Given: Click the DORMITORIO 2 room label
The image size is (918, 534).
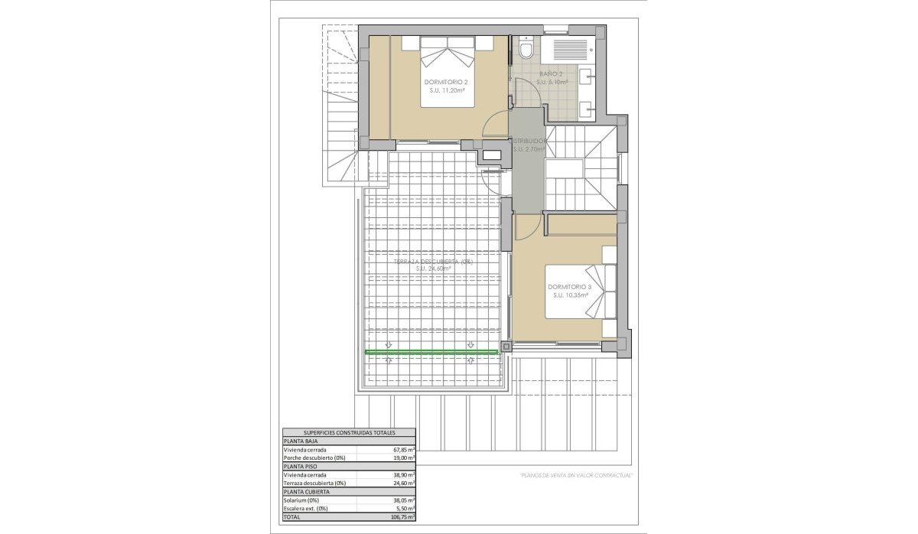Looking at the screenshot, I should (x=445, y=82).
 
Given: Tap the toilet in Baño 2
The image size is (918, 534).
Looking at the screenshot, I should (x=526, y=50).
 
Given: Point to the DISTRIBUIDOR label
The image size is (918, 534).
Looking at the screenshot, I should (x=528, y=142).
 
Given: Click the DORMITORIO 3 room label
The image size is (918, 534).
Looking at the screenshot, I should (x=567, y=288).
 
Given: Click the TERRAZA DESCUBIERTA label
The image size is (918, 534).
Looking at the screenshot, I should (x=433, y=262).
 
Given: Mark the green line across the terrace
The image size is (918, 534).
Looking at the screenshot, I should (x=431, y=352).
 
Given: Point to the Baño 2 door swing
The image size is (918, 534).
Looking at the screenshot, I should (x=528, y=92).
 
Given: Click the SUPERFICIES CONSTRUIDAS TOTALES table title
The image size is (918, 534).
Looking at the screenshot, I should (x=349, y=432).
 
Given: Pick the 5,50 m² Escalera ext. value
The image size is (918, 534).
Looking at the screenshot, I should (x=404, y=509).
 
